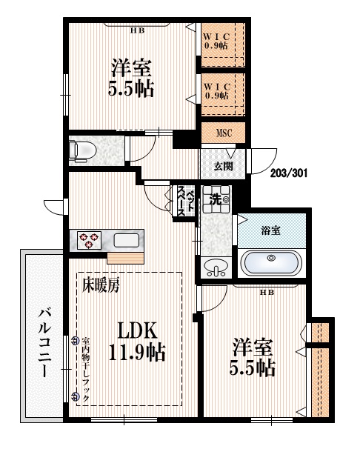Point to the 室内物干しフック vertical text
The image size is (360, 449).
coord(85,365)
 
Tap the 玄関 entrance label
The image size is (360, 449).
coord(224,166)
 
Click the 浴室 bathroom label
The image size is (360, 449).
coord(271,230)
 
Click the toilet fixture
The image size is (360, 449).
coord(81,150)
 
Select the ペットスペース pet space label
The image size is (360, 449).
coord(185,201)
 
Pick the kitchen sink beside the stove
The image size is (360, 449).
coord(126,241)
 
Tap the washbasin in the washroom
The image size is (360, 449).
coord(216,267)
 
